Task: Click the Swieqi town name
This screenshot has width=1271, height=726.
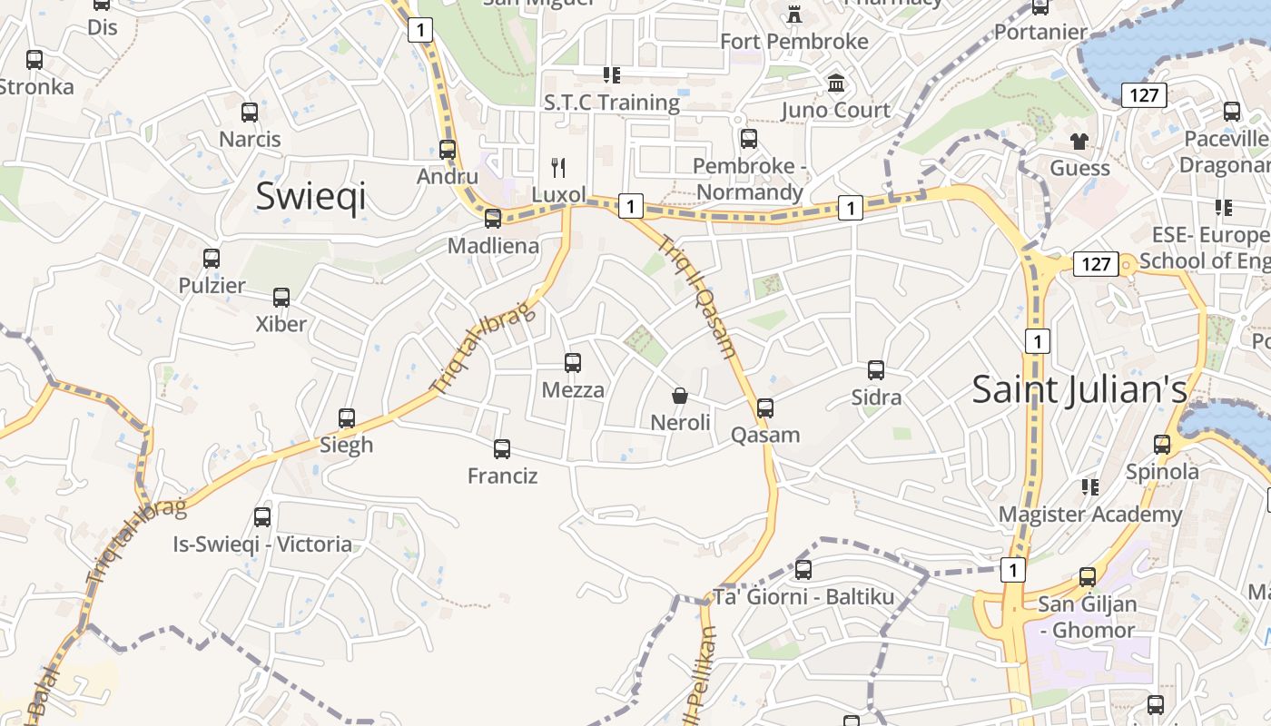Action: (310, 195)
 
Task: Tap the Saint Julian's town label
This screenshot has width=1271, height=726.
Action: (1079, 389)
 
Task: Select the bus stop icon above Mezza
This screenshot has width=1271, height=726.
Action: (573, 363)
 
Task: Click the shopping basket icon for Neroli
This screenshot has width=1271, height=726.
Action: (680, 396)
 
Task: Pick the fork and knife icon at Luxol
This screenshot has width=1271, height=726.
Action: (559, 167)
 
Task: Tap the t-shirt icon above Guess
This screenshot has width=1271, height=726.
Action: (1079, 141)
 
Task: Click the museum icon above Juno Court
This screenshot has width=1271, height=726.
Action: (836, 83)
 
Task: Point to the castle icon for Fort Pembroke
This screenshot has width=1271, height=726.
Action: (794, 14)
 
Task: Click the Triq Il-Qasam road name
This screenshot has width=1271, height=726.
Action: (697, 297)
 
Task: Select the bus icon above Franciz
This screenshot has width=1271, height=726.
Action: (502, 448)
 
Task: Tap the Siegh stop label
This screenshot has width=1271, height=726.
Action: (347, 445)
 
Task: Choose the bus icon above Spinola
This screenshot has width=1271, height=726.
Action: (1162, 445)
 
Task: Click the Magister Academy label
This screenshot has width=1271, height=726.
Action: (1089, 515)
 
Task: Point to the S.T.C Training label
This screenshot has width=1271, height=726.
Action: (612, 102)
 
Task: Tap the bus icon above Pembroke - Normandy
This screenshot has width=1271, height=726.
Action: (749, 139)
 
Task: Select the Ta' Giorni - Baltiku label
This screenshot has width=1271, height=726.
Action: (803, 597)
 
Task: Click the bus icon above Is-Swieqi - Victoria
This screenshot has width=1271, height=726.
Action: (262, 517)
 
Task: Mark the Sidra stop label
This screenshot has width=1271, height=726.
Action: (876, 397)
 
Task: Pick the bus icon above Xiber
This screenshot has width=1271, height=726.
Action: (281, 297)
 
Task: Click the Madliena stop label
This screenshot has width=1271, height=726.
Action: (493, 246)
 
